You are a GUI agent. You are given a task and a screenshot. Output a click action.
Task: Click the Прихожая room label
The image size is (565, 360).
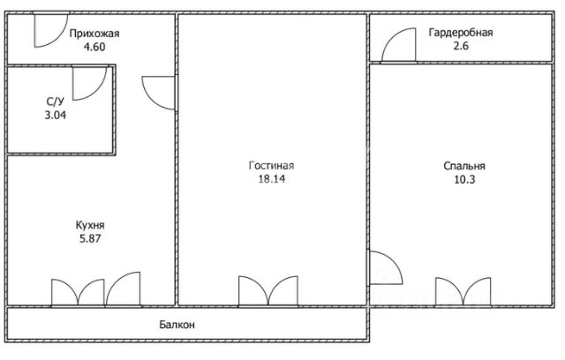94,34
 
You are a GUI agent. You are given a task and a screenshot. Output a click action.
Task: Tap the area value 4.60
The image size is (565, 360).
94,47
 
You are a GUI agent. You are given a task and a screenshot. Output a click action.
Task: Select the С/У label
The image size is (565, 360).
55,102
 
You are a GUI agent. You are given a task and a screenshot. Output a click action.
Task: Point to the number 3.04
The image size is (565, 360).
56,116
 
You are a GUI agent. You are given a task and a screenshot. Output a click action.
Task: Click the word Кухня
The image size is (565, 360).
90,225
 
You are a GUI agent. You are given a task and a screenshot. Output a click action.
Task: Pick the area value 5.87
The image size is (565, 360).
90,238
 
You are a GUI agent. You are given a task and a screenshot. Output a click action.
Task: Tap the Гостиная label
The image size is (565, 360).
271,166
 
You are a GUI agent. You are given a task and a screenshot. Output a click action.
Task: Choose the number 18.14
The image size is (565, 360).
271,179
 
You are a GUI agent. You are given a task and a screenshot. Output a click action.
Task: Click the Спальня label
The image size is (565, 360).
464,166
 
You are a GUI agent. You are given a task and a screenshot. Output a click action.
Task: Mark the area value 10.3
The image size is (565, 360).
464,179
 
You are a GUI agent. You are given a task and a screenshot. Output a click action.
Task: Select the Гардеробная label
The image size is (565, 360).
461,33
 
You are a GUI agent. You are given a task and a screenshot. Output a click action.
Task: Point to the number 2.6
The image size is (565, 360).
461,46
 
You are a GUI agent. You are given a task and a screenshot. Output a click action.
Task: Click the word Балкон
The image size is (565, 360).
177,325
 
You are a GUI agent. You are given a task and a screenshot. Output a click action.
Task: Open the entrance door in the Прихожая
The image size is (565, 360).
59,38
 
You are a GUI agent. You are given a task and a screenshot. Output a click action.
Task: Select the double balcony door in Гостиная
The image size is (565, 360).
268,291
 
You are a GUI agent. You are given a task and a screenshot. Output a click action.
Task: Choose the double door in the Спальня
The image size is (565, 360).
463,292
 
